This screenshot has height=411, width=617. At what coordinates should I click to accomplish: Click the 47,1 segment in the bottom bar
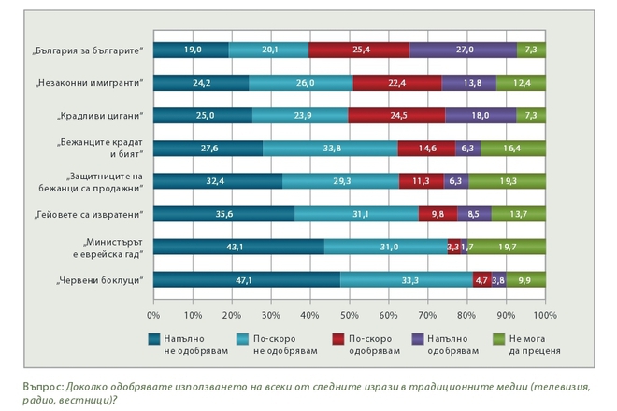point(246,278)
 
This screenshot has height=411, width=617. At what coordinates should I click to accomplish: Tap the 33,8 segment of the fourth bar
point(330,149)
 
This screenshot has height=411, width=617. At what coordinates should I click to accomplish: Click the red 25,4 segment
point(359,50)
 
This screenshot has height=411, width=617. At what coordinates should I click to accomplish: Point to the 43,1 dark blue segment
point(238,247)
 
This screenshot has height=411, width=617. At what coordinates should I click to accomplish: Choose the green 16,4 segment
point(513,149)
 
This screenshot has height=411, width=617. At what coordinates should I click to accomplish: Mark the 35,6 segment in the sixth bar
point(223,214)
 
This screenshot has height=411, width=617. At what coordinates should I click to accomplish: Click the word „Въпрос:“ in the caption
point(42,385)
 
